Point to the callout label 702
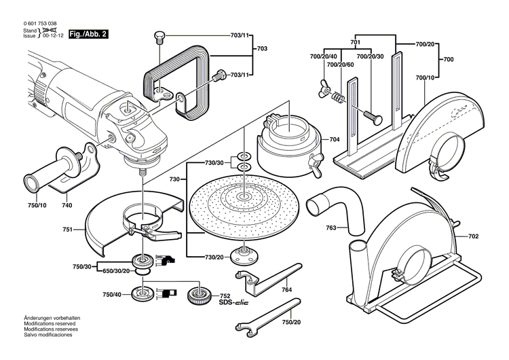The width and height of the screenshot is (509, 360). (472, 236)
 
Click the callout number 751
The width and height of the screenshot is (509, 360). (67, 230)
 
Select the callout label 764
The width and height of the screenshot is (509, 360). (287, 290)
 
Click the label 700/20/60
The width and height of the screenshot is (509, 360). (340, 65)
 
